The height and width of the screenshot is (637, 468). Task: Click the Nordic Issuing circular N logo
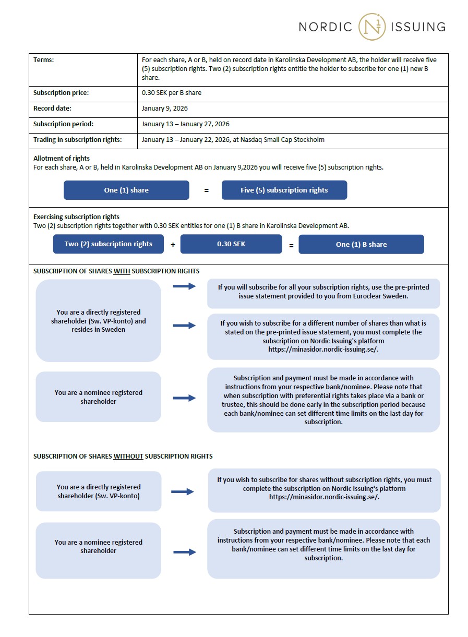coord(372,27)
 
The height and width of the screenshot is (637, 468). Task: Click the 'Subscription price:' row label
coord(61,93)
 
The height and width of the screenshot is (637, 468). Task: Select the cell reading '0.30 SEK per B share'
coord(172,93)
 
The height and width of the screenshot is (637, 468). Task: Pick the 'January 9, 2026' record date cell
coord(165,109)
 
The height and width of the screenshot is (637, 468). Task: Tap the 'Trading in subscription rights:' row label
coord(78,139)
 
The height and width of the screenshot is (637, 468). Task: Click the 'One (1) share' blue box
coord(126,190)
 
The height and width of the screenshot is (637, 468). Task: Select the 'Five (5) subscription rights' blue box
coord(284,190)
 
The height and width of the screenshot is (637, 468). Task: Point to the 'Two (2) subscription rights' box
coord(109,244)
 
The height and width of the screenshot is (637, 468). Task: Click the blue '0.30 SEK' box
coord(231,244)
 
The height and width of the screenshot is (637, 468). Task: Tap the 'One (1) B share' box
coord(361,245)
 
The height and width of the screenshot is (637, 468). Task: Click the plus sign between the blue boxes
coord(173,245)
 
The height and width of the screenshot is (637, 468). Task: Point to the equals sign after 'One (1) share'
coord(206,191)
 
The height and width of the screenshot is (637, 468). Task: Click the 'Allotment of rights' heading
coord(62,158)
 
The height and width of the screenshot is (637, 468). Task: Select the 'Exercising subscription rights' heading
coord(76,217)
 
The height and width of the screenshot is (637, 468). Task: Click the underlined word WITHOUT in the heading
coord(128,456)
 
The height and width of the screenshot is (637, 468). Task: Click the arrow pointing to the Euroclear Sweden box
coord(184,286)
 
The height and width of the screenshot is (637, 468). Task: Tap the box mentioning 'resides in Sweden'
coord(99,321)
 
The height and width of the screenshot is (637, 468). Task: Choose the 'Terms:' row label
coord(44,60)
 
